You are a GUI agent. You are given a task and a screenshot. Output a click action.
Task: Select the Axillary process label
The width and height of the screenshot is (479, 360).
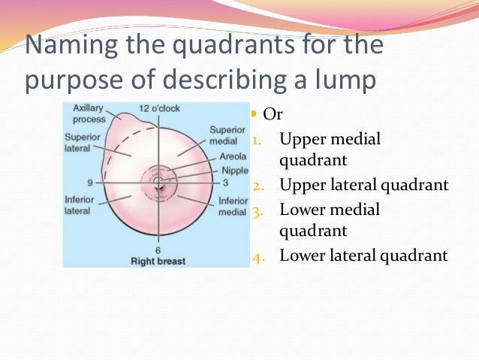point(89,113)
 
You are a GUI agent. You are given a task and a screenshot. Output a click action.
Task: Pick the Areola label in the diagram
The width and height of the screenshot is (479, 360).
point(232,157)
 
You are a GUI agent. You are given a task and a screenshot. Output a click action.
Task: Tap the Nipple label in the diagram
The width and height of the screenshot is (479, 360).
point(233,171)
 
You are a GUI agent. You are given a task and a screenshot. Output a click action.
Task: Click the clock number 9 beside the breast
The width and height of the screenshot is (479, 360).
point(89,183)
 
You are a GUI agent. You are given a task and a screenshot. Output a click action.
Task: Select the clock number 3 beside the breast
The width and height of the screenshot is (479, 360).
point(224,183)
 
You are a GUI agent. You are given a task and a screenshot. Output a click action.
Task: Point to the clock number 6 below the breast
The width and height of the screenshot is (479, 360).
point(158,250)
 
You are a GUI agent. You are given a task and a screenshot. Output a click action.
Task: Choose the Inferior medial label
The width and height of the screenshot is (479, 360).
point(233,207)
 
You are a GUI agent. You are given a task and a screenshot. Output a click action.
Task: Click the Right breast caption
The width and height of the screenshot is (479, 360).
point(158,262)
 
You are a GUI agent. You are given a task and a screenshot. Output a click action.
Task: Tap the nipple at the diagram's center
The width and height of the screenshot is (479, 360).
point(158,182)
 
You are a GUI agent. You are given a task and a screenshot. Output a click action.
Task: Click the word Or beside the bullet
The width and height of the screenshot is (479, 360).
point(274,117)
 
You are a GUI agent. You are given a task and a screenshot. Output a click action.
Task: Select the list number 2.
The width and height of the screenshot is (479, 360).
point(258,186)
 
